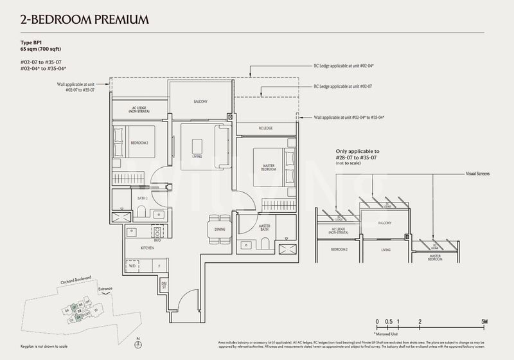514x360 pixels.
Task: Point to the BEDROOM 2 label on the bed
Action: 140,143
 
